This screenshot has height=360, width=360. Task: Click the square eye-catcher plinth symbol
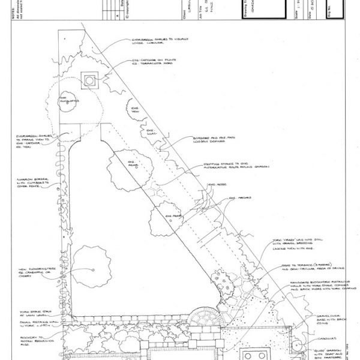pyautogui.click(x=90, y=80)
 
